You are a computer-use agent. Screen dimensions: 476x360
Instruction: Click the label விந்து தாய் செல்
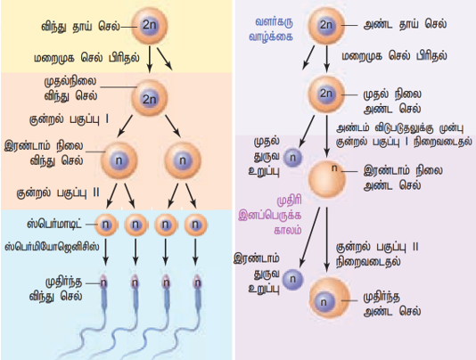click(80, 27)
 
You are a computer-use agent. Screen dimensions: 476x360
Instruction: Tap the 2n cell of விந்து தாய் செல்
click(149, 26)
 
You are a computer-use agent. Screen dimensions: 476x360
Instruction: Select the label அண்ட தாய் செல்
click(405, 24)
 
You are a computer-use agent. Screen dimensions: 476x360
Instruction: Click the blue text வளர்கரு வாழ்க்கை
click(271, 29)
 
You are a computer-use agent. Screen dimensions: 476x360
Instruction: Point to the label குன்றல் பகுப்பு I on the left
click(69, 119)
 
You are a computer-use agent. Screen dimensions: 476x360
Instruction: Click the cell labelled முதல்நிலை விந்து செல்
click(149, 98)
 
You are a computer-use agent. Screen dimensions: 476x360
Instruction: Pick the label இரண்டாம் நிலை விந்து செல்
click(44, 153)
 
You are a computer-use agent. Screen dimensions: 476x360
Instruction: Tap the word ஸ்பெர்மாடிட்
click(54, 224)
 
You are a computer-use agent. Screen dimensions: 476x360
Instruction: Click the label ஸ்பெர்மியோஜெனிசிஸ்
click(52, 247)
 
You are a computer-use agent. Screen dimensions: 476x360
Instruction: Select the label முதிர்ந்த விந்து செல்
click(56, 289)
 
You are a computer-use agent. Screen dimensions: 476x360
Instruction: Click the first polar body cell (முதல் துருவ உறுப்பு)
click(292, 158)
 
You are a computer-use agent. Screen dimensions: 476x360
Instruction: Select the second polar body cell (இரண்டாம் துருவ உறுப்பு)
click(293, 279)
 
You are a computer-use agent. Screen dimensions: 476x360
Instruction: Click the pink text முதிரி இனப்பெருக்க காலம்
click(270, 216)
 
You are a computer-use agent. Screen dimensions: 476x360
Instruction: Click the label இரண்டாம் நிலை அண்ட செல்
click(403, 177)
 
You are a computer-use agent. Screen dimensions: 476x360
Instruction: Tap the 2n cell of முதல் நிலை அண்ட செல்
click(326, 94)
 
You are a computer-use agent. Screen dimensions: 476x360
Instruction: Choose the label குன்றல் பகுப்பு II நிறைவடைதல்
click(377, 254)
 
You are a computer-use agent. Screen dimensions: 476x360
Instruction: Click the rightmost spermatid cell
click(196, 225)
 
